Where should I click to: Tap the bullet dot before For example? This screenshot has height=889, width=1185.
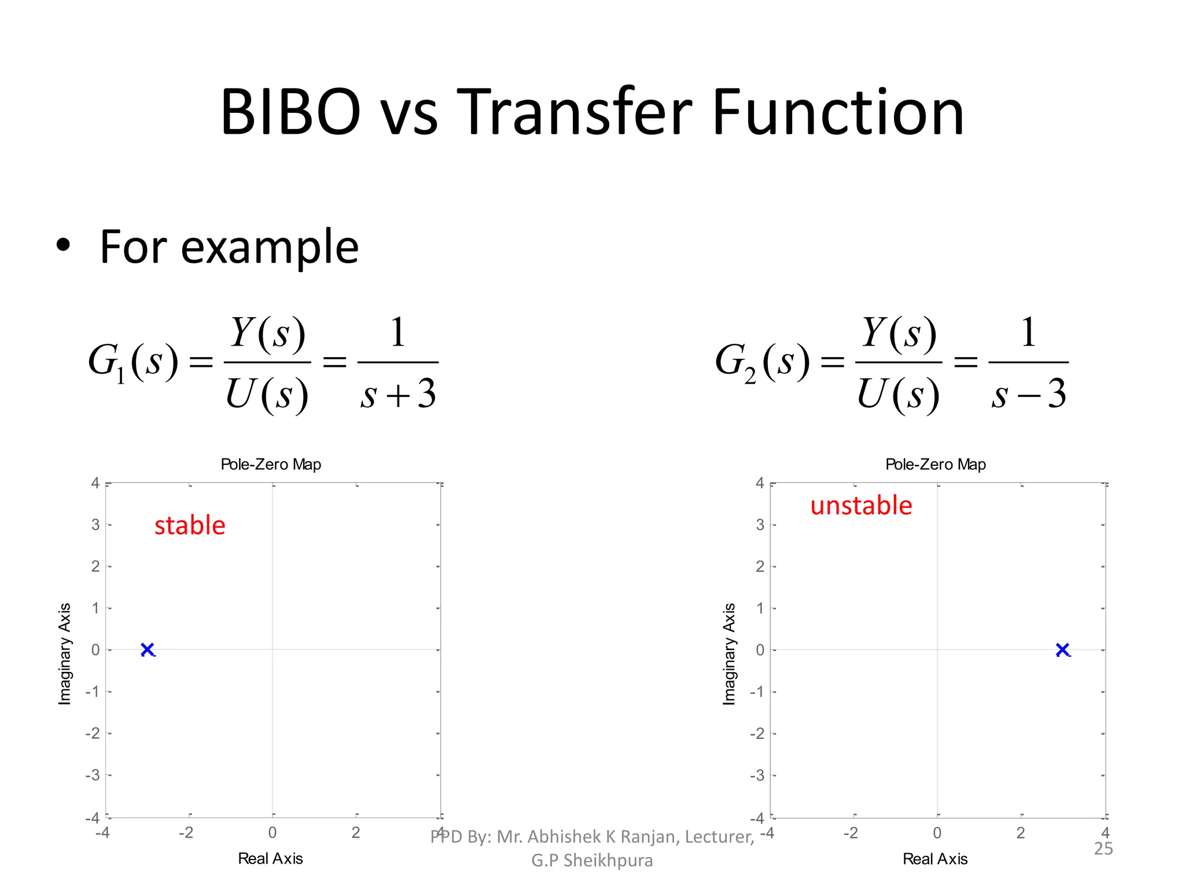63,246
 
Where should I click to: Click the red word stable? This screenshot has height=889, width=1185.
190,526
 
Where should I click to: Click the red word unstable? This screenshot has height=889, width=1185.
861,505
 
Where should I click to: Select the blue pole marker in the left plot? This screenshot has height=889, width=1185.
148,649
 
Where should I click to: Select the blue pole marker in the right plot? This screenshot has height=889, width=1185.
1062,649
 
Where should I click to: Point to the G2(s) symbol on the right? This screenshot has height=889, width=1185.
762,362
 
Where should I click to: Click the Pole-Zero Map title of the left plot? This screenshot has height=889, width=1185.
271,464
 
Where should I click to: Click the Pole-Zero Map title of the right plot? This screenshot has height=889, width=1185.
935,464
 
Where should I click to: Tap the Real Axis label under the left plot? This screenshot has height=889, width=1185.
270,858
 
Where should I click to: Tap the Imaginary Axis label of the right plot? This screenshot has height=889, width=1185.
729,654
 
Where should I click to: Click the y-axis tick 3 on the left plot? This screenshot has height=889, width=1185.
95,525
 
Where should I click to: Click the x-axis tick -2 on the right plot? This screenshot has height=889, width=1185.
850,833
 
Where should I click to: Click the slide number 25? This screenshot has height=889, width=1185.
1103,848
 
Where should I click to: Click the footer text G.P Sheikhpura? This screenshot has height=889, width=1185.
592,861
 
